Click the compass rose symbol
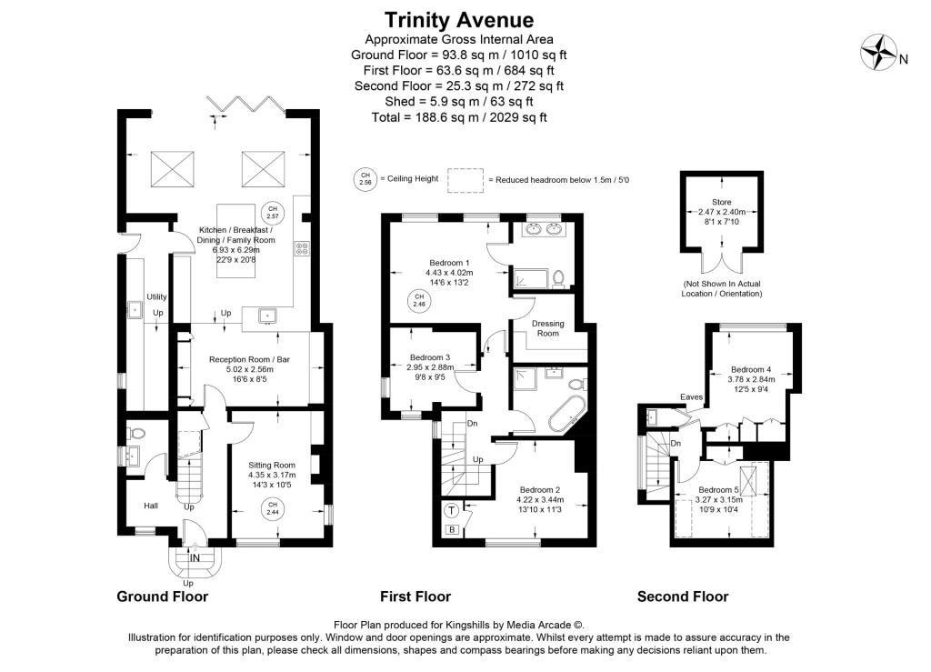(x=879, y=52)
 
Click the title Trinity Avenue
(x=459, y=20)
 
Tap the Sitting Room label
(x=272, y=466)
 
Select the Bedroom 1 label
(x=449, y=263)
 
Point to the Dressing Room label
(x=547, y=328)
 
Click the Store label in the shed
(x=721, y=202)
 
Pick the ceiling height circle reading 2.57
(x=273, y=213)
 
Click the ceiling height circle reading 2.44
(x=272, y=508)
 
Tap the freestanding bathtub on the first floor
(x=566, y=414)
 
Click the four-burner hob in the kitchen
(x=302, y=248)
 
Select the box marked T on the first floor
(x=452, y=510)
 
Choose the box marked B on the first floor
(x=452, y=529)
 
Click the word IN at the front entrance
(x=195, y=558)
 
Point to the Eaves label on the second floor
(x=692, y=397)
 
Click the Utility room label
(x=156, y=296)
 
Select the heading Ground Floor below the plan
(x=162, y=597)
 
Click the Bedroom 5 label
(x=718, y=490)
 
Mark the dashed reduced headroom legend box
(x=465, y=180)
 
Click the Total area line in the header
(x=459, y=117)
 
